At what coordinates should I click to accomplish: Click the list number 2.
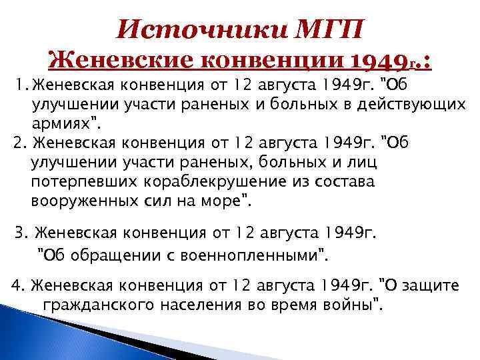tap(19, 142)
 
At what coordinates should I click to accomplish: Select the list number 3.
tap(21, 233)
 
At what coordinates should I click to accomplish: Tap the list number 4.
tap(18, 286)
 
